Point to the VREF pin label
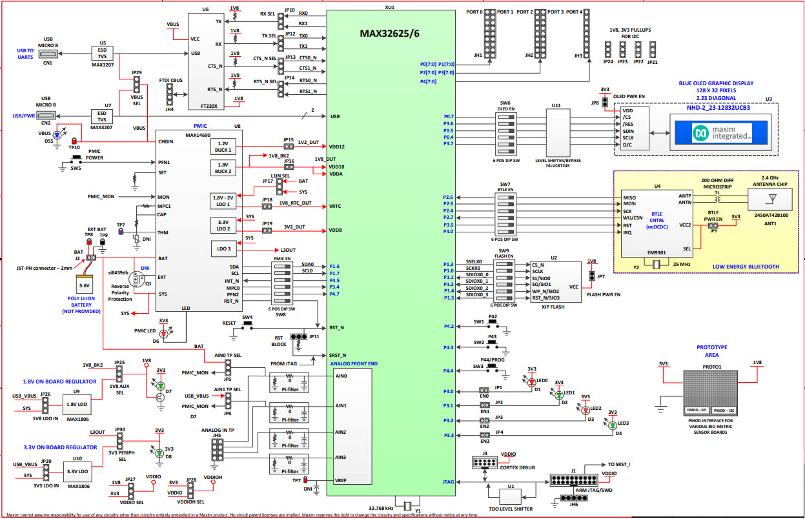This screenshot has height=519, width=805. tap(341, 480)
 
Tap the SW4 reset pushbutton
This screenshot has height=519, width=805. tap(247, 327)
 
